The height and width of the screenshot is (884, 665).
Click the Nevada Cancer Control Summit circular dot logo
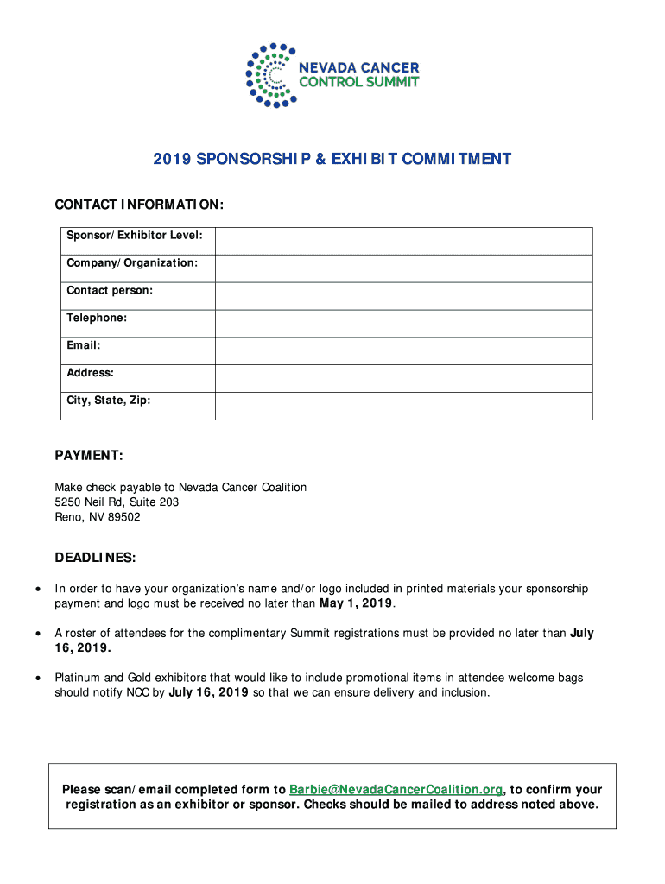(271, 75)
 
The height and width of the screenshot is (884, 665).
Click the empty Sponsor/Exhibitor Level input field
(403, 241)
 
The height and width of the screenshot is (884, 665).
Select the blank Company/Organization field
(403, 268)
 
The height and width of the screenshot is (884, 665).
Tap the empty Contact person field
(403, 296)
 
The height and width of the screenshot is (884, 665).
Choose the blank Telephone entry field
(403, 324)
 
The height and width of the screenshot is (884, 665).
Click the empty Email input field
(403, 350)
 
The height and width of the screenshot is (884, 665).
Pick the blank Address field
(403, 378)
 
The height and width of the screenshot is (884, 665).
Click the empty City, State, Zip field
(403, 406)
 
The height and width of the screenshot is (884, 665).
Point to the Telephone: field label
(97, 318)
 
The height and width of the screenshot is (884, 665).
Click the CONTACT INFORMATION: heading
(139, 205)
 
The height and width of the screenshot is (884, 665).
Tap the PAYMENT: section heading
(89, 455)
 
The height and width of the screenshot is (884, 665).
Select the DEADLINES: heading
(95, 558)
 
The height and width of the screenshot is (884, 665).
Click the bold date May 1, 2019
(356, 603)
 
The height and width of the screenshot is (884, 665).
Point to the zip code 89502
(124, 517)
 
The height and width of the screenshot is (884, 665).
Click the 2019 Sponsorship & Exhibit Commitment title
(332, 160)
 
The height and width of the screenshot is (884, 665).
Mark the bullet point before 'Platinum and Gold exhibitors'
(36, 678)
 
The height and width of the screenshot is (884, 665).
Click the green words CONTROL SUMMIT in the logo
(358, 82)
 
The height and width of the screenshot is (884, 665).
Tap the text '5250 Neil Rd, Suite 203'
(117, 502)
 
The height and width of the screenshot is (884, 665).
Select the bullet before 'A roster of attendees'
(36, 634)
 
